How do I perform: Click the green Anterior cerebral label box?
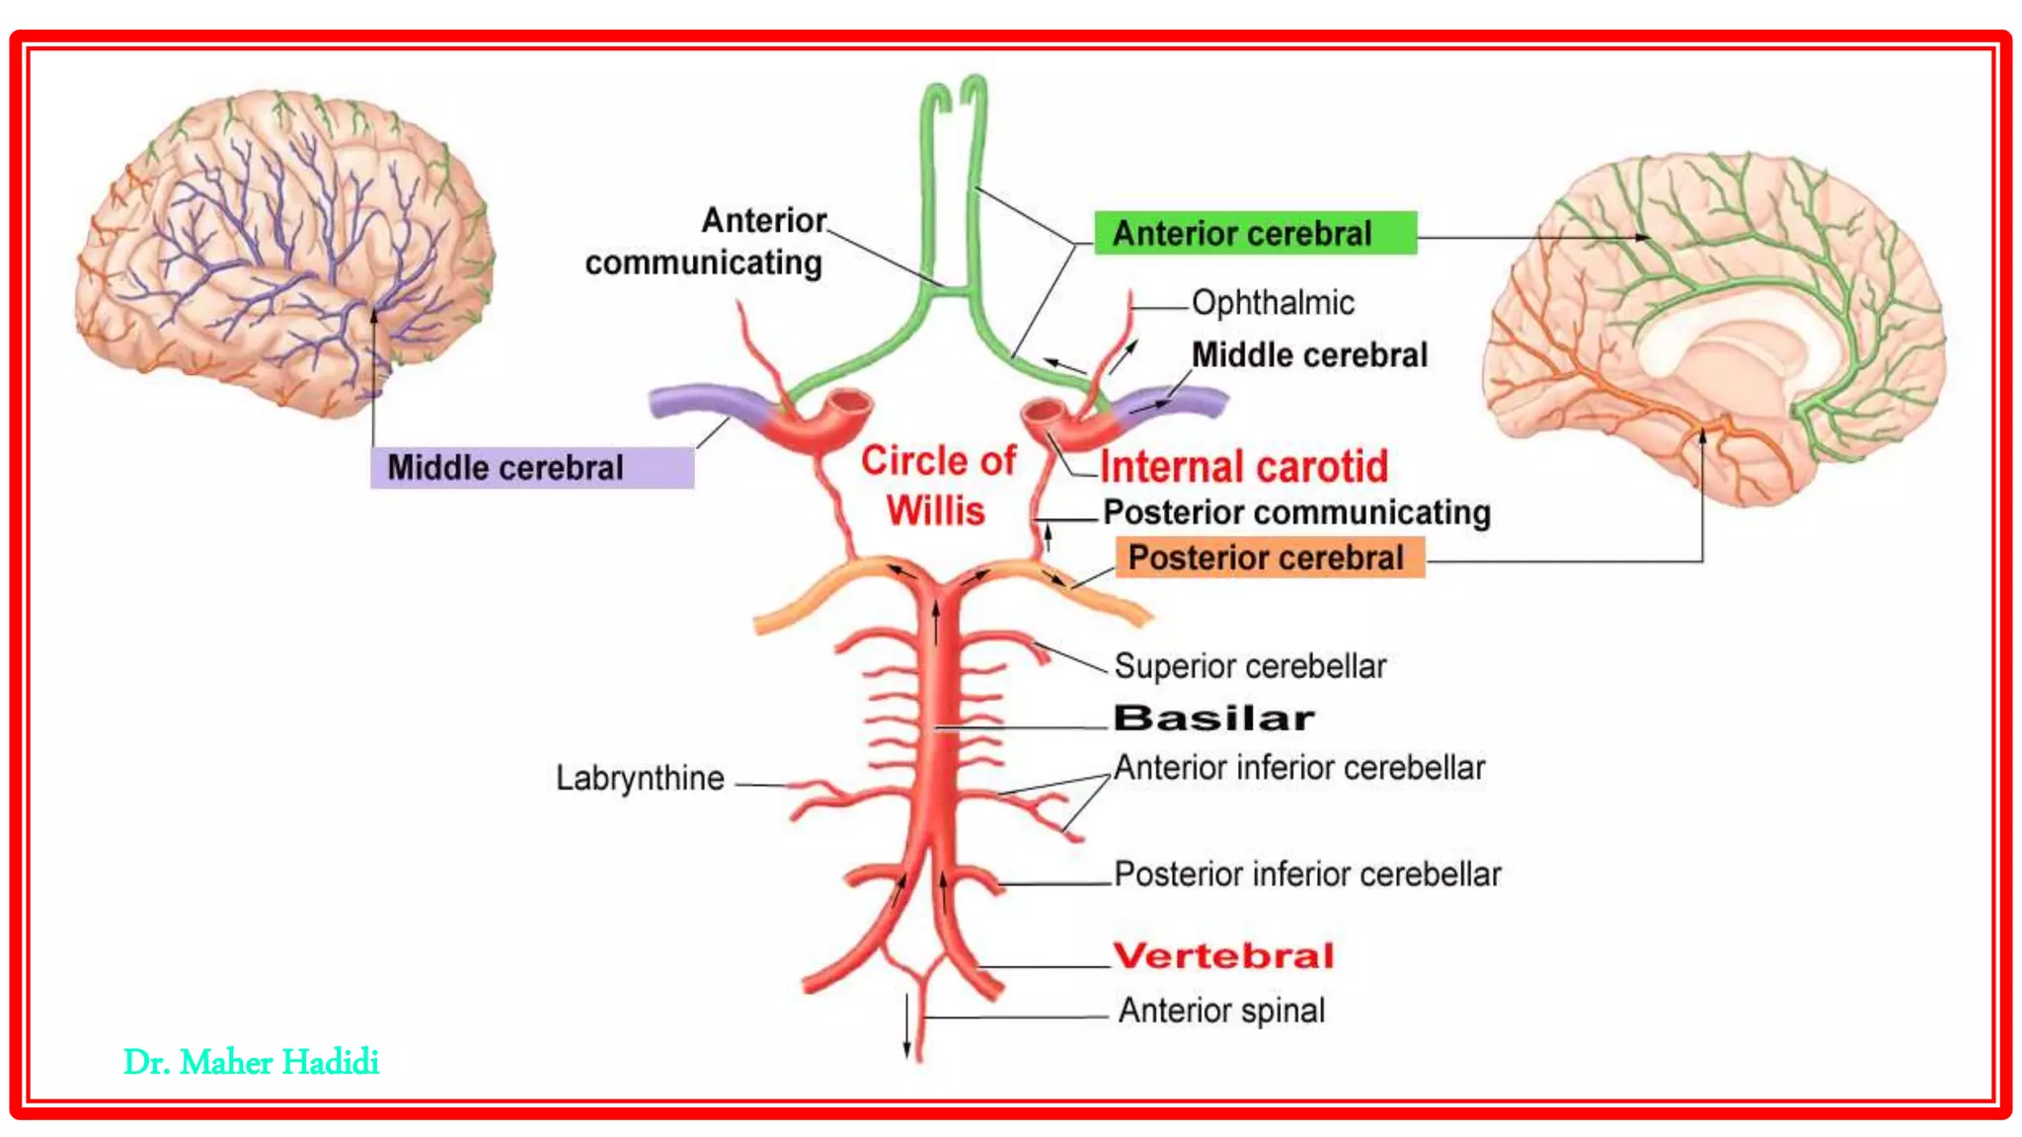(1254, 233)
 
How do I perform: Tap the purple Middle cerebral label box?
(531, 468)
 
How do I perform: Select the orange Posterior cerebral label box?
(1269, 558)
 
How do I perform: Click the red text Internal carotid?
(1244, 467)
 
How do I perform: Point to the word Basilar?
(1213, 719)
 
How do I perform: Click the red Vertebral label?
(1223, 955)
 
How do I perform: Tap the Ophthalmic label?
(1273, 303)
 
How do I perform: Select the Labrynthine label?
(640, 778)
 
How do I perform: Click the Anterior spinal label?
(1221, 1011)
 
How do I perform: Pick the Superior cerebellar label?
(1250, 666)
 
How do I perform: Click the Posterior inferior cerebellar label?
(1307, 874)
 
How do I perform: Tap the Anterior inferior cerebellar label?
(1299, 768)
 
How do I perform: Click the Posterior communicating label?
(1296, 512)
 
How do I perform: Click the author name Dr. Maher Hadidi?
(251, 1063)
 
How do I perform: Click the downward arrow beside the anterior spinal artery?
(906, 1026)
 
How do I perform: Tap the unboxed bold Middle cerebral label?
(1309, 355)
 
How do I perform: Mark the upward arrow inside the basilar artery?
(936, 622)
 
